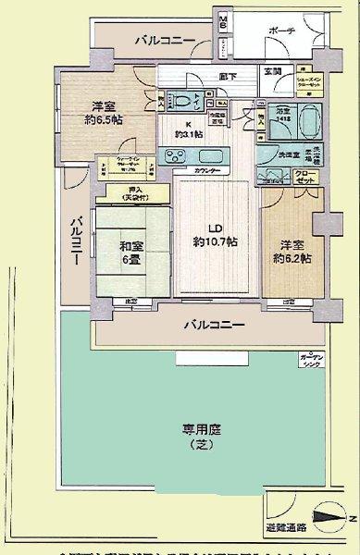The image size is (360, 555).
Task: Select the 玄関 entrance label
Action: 273,71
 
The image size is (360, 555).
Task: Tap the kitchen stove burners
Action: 176,157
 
